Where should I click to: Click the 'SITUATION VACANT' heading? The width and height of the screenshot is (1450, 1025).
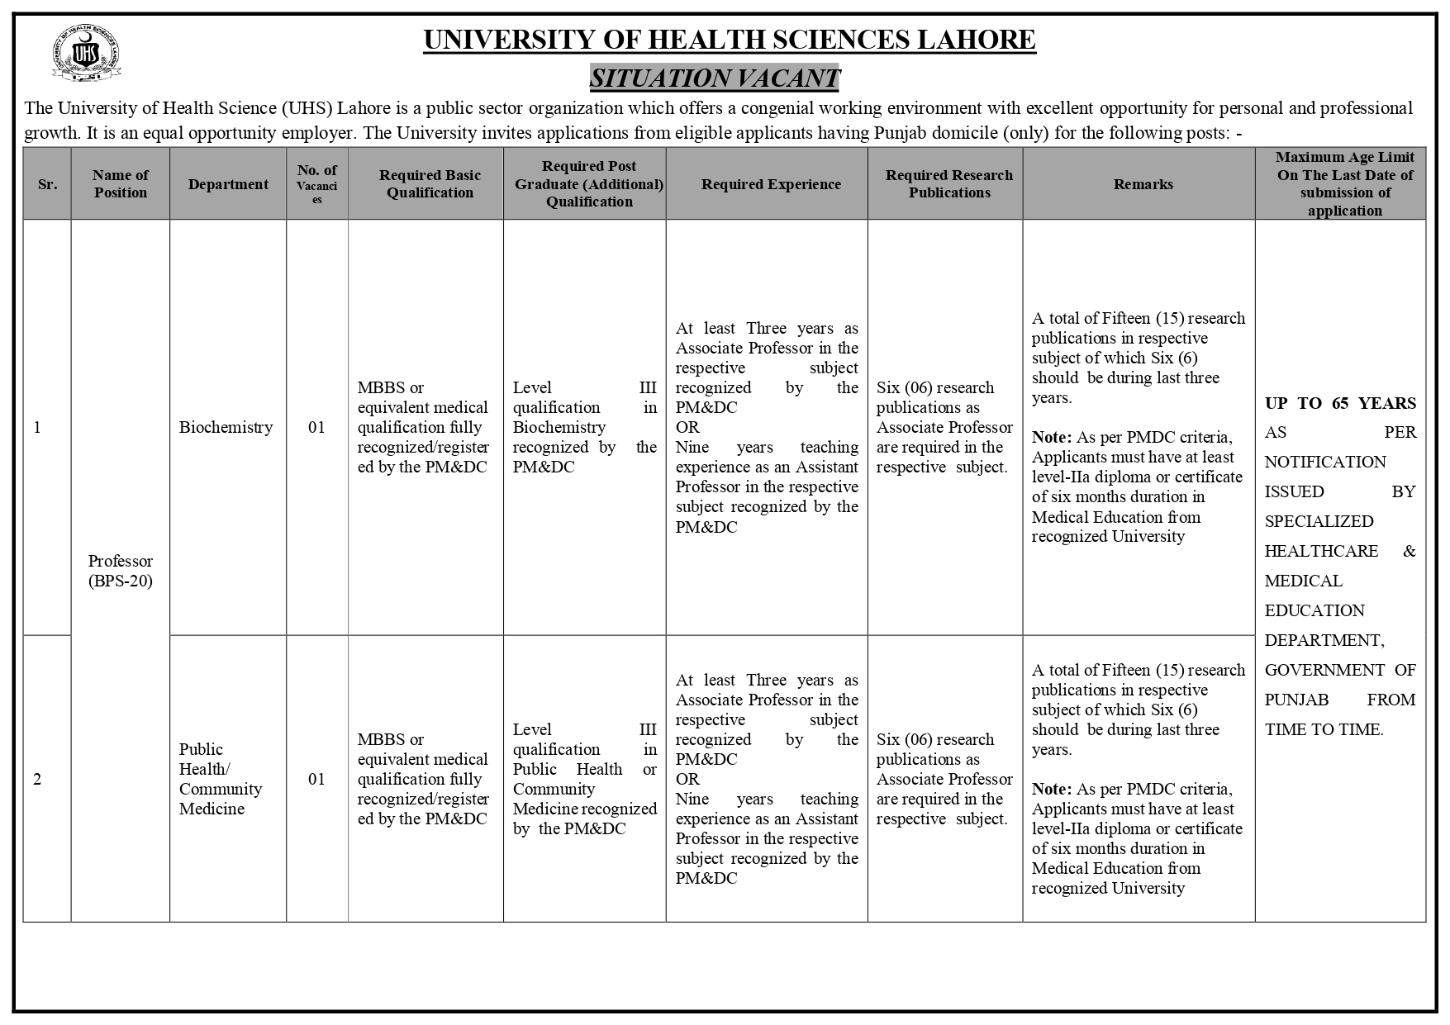[x=715, y=78]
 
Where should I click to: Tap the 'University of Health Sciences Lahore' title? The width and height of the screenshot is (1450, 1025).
[x=729, y=40]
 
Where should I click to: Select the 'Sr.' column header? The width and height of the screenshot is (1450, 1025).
[x=47, y=184]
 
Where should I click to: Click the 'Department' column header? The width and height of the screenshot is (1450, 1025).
[x=228, y=184]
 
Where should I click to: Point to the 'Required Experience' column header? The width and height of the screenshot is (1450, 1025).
[x=771, y=184]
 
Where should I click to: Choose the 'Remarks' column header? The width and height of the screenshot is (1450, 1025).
[x=1143, y=184]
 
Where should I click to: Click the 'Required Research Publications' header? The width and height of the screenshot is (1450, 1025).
[x=949, y=184]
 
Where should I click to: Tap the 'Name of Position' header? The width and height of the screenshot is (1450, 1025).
[x=121, y=184]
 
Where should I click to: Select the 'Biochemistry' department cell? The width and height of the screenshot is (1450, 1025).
[x=226, y=427]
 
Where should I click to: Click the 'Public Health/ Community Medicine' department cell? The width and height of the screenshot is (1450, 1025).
[x=221, y=779]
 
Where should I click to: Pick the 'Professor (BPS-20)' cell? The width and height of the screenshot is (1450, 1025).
[x=121, y=571]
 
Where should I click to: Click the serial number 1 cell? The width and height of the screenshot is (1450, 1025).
[x=37, y=427]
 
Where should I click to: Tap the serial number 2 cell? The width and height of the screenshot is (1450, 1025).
[x=37, y=779]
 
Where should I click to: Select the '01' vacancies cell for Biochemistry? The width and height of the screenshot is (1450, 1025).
[x=316, y=427]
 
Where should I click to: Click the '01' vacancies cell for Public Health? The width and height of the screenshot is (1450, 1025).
[x=316, y=779]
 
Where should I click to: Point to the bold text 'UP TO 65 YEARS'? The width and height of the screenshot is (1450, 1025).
[x=1340, y=403]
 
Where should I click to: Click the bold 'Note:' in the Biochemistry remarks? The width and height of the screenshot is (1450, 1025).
[x=1051, y=437]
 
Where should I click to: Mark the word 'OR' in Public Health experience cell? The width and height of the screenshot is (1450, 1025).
[x=687, y=779]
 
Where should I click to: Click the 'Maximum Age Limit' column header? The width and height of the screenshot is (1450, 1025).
[x=1344, y=183]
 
